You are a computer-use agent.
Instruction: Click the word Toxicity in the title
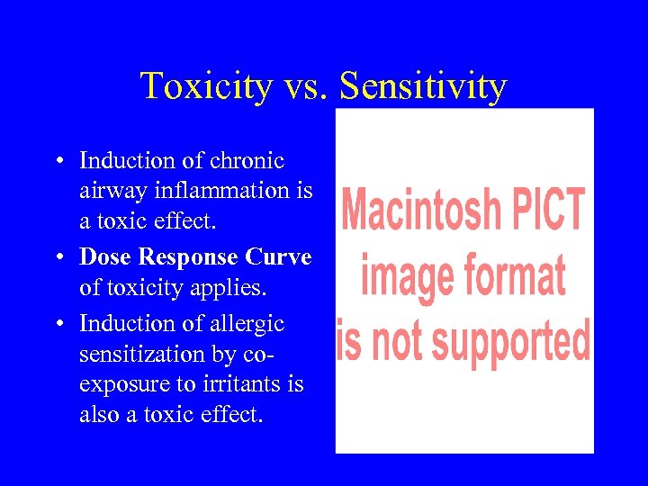click(206, 86)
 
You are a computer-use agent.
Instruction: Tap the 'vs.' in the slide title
click(303, 87)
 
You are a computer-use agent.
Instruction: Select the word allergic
click(248, 323)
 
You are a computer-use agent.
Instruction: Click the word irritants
click(261, 384)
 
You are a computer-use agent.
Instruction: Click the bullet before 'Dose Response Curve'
click(57, 257)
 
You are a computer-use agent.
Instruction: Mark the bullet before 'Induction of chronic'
click(57, 162)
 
